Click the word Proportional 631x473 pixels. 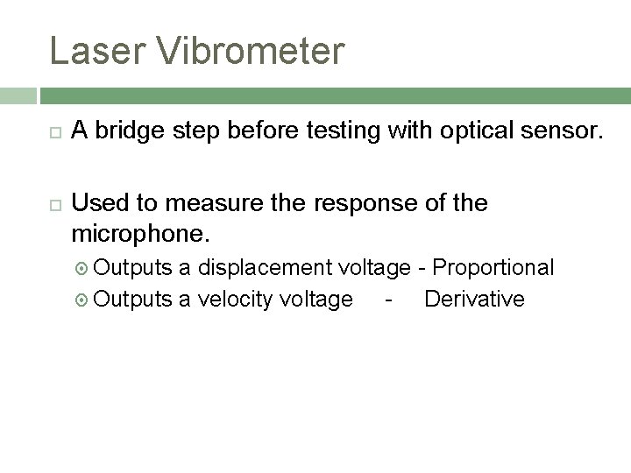point(494,267)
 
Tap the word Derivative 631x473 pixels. point(474,299)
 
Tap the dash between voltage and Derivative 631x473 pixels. point(387,300)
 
